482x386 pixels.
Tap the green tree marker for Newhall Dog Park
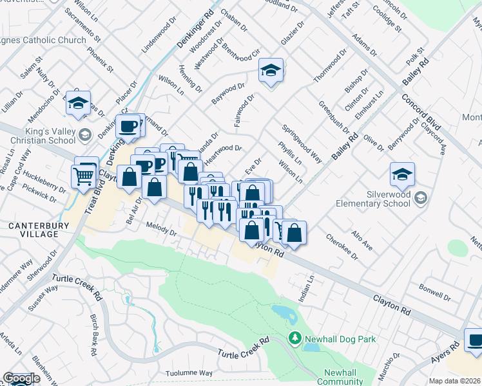[294, 338]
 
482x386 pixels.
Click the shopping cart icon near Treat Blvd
[84, 175]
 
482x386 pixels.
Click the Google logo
[21, 378]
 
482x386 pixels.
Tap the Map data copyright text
[455, 381]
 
